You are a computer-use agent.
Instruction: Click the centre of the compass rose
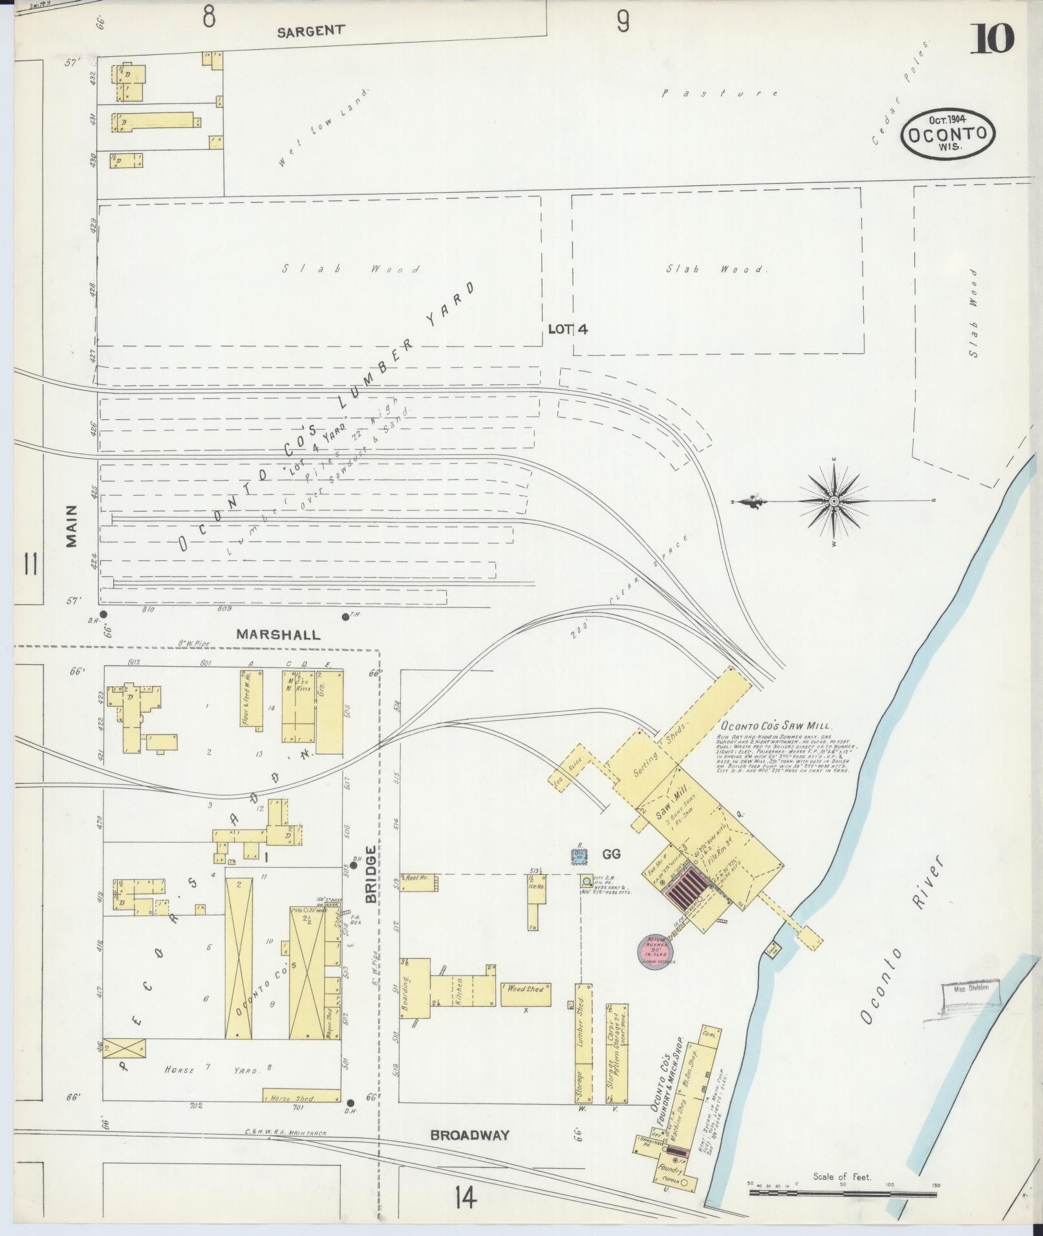tap(833, 501)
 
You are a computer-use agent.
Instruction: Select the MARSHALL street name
tap(277, 634)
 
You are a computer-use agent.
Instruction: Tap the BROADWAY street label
tap(469, 1135)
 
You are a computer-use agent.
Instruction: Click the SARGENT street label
tap(310, 30)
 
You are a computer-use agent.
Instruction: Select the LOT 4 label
tap(568, 329)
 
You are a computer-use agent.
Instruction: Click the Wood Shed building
tap(526, 1012)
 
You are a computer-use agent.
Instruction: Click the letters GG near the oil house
tap(611, 854)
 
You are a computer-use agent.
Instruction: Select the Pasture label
tap(720, 93)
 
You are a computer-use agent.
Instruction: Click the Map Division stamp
tap(971, 1007)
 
